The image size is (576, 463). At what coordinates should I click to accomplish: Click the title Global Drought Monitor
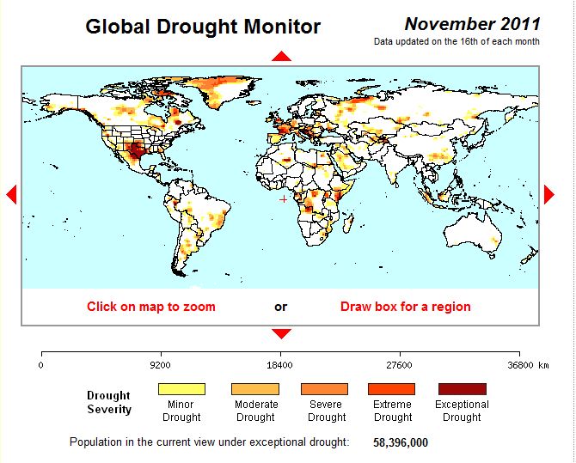203,27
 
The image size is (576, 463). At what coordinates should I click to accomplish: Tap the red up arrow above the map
281,56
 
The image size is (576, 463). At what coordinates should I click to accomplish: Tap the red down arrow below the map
281,333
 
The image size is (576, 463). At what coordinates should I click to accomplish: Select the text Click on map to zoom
150,307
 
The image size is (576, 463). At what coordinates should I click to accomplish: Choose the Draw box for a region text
405,307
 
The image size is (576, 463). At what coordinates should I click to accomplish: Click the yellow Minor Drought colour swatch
181,389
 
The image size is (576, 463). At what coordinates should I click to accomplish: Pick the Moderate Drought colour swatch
255,389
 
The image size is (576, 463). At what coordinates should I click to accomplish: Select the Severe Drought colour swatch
326,389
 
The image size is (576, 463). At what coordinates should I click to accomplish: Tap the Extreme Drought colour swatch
392,389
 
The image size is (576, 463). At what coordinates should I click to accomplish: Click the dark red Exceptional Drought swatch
462,389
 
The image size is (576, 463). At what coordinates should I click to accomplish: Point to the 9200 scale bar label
160,365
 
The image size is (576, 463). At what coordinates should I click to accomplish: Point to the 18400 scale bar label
280,365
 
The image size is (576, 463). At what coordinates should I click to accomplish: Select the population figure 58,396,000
400,442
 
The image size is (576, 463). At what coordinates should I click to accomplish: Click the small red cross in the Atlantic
284,199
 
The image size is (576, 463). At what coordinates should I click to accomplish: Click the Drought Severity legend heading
109,403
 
